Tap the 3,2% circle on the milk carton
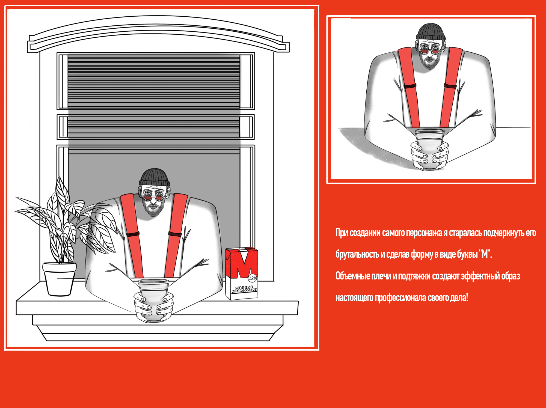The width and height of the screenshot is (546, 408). pos(253,278)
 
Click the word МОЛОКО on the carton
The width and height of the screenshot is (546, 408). pos(244,288)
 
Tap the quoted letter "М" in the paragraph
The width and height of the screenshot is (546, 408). pos(485,254)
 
